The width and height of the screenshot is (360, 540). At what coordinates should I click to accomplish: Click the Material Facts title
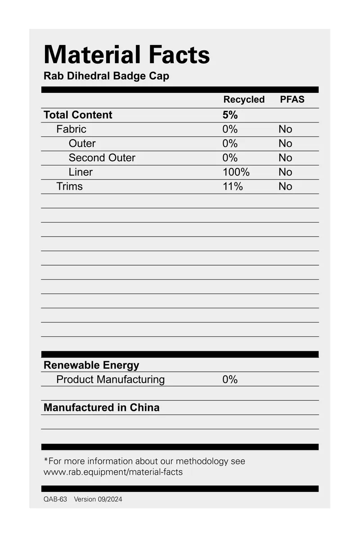point(126,55)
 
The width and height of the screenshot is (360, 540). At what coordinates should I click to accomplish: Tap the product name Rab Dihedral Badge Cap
point(106,76)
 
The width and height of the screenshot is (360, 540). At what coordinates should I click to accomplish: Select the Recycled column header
point(244,100)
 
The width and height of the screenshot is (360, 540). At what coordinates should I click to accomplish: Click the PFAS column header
point(292,100)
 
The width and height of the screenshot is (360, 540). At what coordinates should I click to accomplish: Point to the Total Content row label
point(78,115)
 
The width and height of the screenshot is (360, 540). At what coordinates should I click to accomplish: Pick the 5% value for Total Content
point(230,115)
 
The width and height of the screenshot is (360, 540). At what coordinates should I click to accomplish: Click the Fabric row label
point(71,129)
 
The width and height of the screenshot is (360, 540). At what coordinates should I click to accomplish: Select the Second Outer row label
point(102,158)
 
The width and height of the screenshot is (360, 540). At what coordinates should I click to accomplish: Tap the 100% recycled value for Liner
point(236,172)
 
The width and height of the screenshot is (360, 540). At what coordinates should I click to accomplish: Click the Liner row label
point(81,172)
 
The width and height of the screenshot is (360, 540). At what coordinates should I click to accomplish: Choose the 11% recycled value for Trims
point(232,186)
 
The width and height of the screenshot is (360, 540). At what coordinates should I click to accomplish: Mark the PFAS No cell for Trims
point(285,186)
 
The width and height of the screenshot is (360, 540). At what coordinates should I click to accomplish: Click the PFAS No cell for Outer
point(285,144)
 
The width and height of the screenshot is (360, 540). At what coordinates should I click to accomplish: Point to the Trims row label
point(69,186)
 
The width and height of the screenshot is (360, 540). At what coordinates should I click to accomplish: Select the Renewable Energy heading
point(91,365)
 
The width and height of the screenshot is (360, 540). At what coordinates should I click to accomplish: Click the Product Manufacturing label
point(110,380)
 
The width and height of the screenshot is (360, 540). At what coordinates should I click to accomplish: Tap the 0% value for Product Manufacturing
point(229,380)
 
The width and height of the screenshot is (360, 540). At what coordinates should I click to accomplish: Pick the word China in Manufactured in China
point(144,408)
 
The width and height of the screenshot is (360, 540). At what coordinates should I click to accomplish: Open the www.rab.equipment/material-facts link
point(113,472)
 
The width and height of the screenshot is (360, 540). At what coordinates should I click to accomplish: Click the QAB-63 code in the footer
point(55,499)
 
